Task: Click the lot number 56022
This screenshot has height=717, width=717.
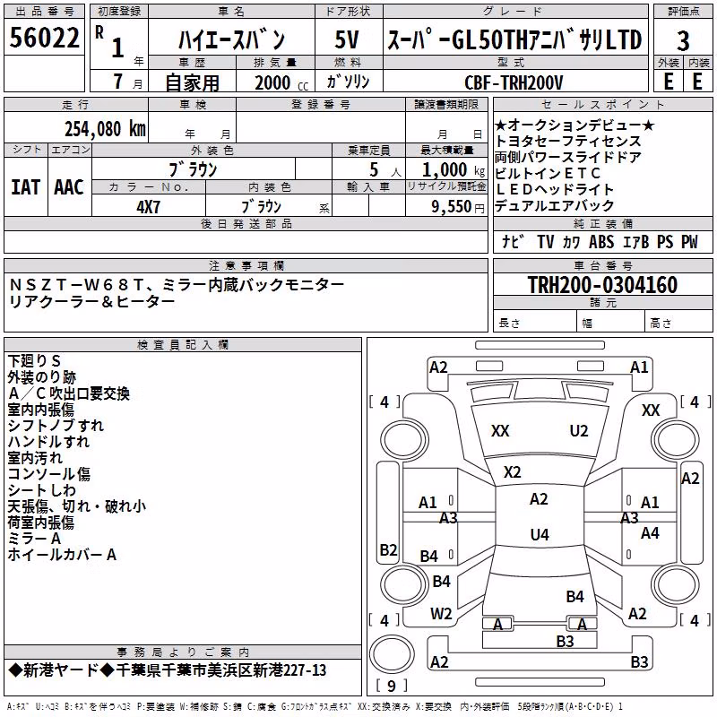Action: coord(44,38)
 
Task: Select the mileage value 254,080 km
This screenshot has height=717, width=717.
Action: coord(105,129)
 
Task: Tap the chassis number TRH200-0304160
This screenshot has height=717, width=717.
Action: coord(602,284)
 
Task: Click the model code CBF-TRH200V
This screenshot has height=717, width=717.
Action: coord(514,82)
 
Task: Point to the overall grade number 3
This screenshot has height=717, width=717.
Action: coord(683,41)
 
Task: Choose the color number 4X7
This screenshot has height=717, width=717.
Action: coord(148,207)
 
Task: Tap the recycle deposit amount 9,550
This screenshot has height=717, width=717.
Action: coord(452,207)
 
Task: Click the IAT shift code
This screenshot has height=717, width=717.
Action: coord(25,187)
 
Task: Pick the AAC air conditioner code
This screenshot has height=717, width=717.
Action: coord(69,187)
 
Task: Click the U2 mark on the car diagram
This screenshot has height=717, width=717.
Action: coord(578,431)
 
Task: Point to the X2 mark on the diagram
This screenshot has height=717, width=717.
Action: coord(512,472)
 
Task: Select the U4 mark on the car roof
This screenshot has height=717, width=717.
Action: coord(540,534)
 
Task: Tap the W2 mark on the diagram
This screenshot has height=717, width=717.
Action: coord(441,614)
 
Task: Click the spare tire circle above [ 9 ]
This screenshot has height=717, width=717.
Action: coord(392,654)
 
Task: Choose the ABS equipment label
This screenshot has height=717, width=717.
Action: coord(601,241)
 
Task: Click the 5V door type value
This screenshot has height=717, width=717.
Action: coord(347,39)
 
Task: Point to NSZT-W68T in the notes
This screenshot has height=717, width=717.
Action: coord(76,285)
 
